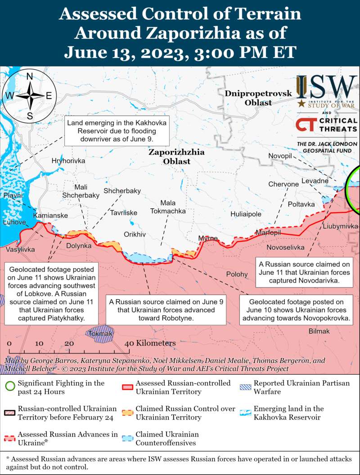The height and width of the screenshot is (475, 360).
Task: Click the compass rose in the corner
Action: tap(30, 96)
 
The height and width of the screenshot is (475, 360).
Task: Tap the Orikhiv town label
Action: tap(135, 234)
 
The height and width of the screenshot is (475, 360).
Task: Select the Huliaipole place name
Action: tap(246, 214)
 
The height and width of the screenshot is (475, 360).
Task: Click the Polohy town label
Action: tap(237, 274)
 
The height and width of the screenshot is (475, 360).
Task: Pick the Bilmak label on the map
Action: tap(319, 331)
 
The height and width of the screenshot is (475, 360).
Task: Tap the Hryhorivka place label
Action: tap(68, 161)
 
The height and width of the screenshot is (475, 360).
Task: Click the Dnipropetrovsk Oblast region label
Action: tap(258, 98)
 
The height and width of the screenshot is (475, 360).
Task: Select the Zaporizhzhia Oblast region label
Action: tap(176, 157)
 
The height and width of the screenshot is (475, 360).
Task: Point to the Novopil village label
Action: tap(280, 156)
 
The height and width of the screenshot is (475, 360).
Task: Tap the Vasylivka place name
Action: tap(19, 248)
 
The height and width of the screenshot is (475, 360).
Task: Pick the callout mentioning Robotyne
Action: tap(166, 309)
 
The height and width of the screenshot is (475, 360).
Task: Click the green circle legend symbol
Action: tap(10, 387)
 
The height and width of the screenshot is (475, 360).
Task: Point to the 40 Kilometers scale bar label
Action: tap(151, 343)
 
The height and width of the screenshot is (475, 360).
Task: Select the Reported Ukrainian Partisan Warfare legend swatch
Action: tap(245, 387)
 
